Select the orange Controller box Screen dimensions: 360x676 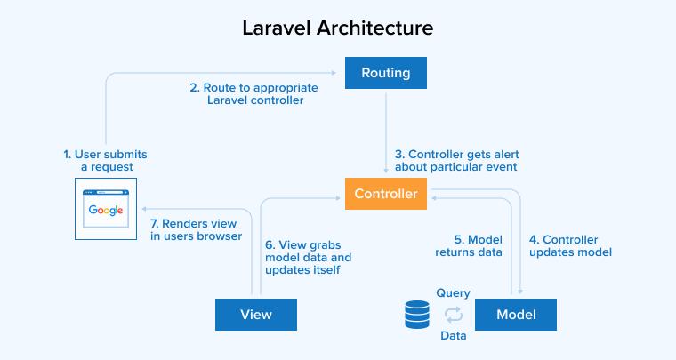[x=386, y=195]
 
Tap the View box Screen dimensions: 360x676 [x=256, y=314]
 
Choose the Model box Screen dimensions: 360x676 [x=516, y=314]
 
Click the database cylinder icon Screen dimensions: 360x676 [x=416, y=314]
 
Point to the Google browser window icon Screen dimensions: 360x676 [x=106, y=211]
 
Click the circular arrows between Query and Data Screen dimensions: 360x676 [x=454, y=314]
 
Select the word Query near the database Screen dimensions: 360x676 [x=453, y=292]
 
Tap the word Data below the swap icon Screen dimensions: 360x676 [x=454, y=336]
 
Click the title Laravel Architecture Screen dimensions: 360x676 [x=338, y=28]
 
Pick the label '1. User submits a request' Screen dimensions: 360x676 [x=105, y=161]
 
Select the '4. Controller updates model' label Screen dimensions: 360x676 [x=570, y=245]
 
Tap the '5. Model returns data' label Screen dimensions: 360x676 [x=469, y=245]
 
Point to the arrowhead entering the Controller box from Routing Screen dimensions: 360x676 [x=386, y=172]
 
